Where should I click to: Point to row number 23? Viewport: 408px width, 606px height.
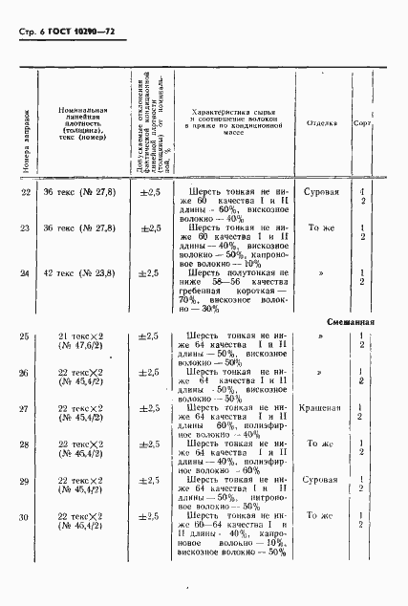[x=25, y=228]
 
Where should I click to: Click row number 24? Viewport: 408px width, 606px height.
[x=25, y=274]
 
